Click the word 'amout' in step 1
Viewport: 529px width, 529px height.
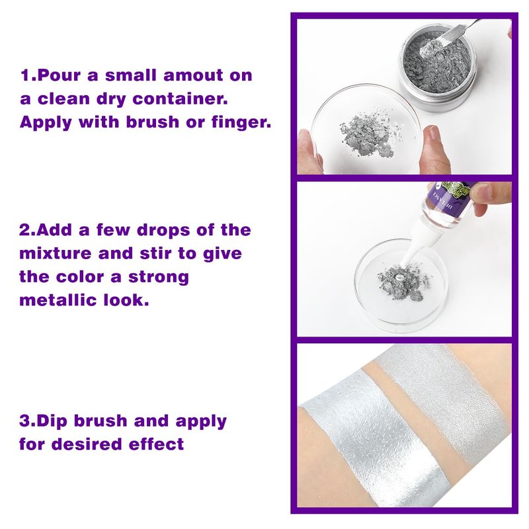(193, 75)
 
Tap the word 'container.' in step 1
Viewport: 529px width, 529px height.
(180, 99)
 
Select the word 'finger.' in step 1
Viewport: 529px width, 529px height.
(241, 122)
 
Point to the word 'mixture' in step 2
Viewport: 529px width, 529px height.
(56, 253)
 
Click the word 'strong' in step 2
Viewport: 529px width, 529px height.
(159, 277)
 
